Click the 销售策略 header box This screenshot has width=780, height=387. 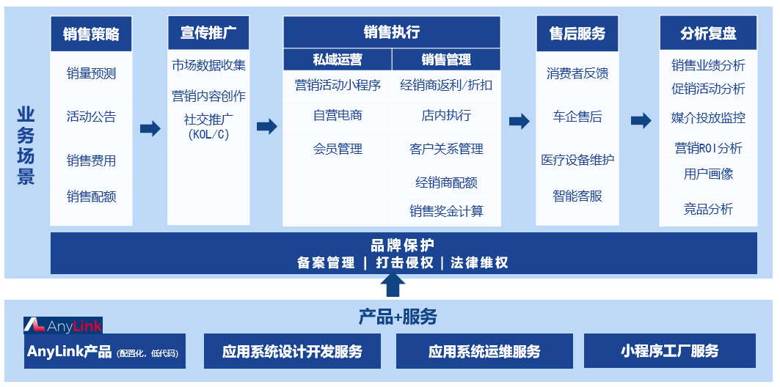[91, 34]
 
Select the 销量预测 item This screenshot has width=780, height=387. [91, 73]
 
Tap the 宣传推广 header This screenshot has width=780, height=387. [208, 33]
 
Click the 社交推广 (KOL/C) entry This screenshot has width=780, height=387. [208, 126]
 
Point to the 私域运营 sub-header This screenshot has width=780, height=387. [338, 59]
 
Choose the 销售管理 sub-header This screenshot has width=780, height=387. [446, 59]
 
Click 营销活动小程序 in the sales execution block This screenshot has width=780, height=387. [338, 85]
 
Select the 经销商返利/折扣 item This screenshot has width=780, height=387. [446, 85]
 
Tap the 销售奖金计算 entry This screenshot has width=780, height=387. [446, 211]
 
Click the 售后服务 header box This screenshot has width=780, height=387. [577, 34]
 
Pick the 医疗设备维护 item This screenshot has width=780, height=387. [577, 160]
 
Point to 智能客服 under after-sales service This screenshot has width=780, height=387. [577, 196]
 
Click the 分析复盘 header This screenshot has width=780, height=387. [708, 34]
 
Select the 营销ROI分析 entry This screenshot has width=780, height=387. [708, 148]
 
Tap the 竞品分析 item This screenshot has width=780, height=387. [708, 210]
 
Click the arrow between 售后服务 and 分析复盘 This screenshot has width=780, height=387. [641, 121]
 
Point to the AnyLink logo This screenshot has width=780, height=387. [63, 325]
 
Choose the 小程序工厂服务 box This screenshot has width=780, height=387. [669, 351]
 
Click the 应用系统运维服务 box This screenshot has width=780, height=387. [484, 352]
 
